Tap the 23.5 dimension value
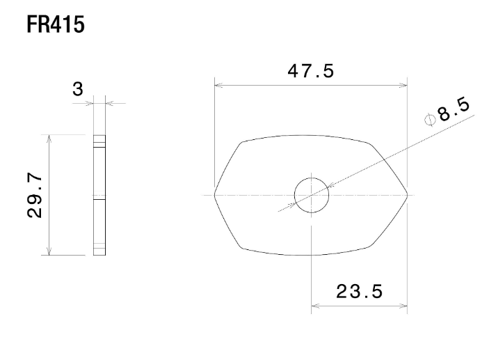tap(359, 290)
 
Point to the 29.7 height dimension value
tap(38, 196)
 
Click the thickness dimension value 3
tap(77, 88)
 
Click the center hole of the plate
tap(311, 195)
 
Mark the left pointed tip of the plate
tap(214, 195)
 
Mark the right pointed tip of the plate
tap(408, 195)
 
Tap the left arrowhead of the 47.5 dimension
tap(218, 86)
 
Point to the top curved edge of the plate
tap(311, 135)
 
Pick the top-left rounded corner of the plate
tap(243, 143)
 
